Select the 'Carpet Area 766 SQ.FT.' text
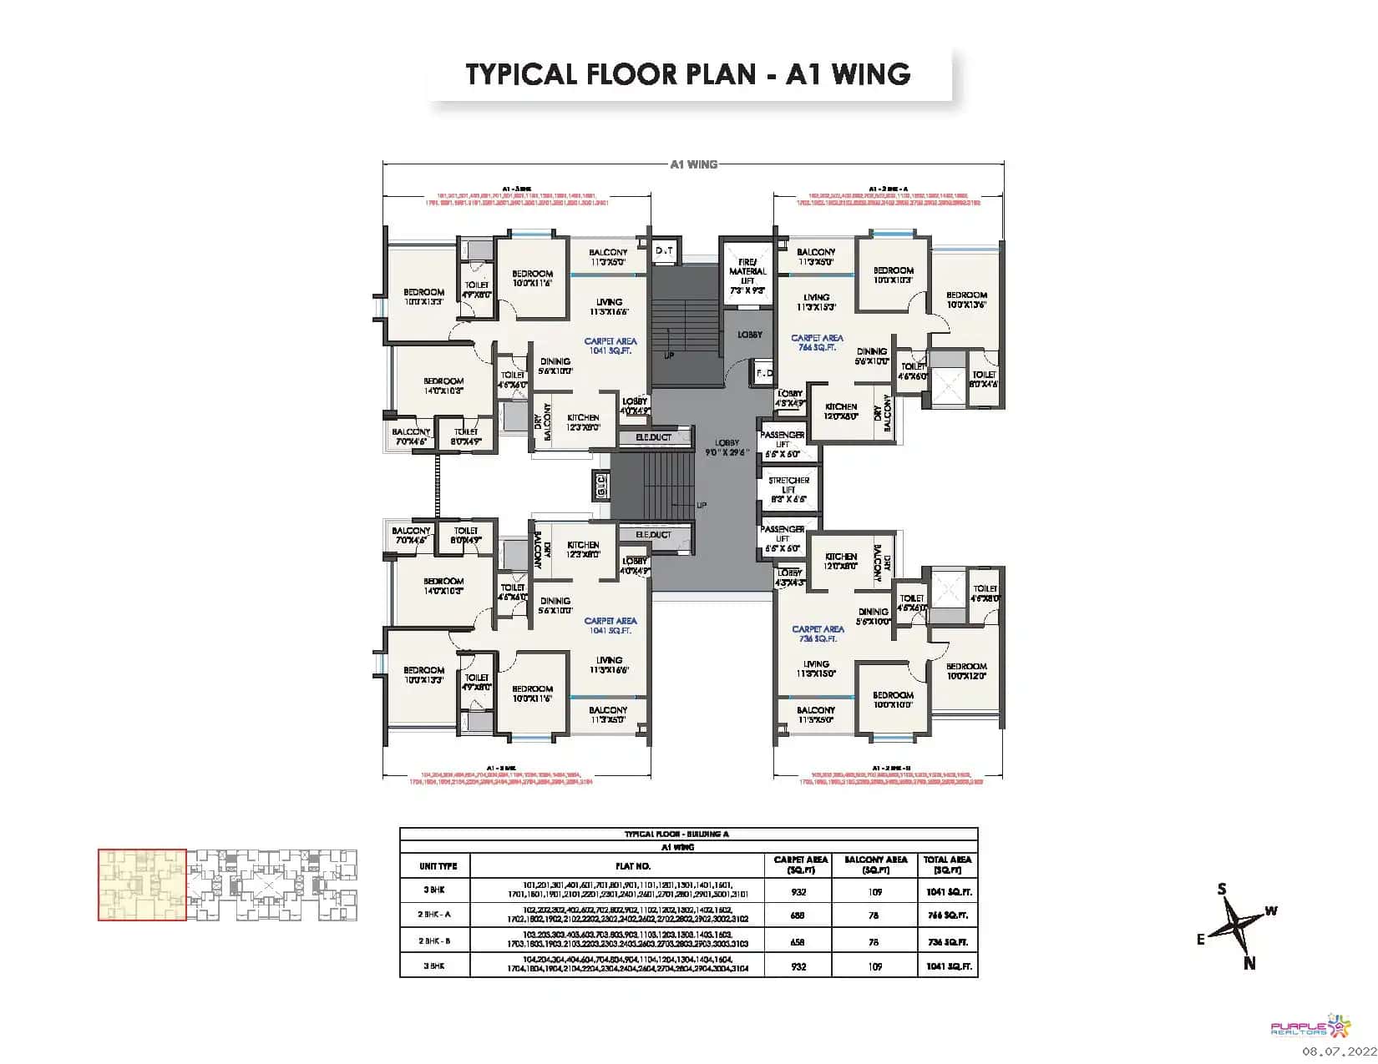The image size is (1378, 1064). pyautogui.click(x=818, y=342)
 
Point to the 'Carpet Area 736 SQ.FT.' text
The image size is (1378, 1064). pyautogui.click(x=818, y=633)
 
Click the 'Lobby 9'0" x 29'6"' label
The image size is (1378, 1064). pyautogui.click(x=722, y=447)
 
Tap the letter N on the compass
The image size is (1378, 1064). pyautogui.click(x=1249, y=963)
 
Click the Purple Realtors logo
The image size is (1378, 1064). pyautogui.click(x=1310, y=1026)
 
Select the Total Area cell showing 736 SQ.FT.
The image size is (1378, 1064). pyautogui.click(x=947, y=941)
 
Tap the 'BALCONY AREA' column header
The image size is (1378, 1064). pyautogui.click(x=875, y=865)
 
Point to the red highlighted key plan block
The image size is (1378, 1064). pyautogui.click(x=142, y=885)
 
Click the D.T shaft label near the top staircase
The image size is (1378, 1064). pyautogui.click(x=665, y=250)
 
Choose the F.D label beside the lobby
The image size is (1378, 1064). pyautogui.click(x=763, y=374)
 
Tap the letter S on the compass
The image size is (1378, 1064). pyautogui.click(x=1221, y=890)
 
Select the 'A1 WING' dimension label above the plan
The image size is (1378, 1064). pyautogui.click(x=693, y=164)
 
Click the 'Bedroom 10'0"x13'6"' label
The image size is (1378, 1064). pyautogui.click(x=966, y=300)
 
